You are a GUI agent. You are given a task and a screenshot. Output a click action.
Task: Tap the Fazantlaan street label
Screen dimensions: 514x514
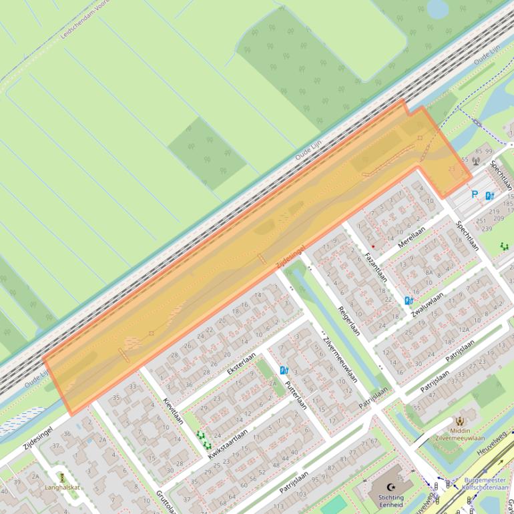376,266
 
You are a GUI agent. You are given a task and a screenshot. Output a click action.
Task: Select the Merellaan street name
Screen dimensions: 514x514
411,238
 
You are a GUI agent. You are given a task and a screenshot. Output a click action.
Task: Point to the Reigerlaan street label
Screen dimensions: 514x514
348,321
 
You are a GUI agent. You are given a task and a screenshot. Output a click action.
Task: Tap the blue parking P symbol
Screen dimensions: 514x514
475,195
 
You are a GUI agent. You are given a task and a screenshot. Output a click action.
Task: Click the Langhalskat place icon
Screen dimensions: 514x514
61,478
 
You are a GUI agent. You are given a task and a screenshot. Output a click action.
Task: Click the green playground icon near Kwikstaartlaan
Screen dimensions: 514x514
203,439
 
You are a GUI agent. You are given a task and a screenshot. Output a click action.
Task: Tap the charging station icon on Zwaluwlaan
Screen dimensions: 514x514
409,300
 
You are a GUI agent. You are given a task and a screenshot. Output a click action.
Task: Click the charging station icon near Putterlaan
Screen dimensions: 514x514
284,370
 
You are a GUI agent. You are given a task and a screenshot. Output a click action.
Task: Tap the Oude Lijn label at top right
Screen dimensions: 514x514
487,55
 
